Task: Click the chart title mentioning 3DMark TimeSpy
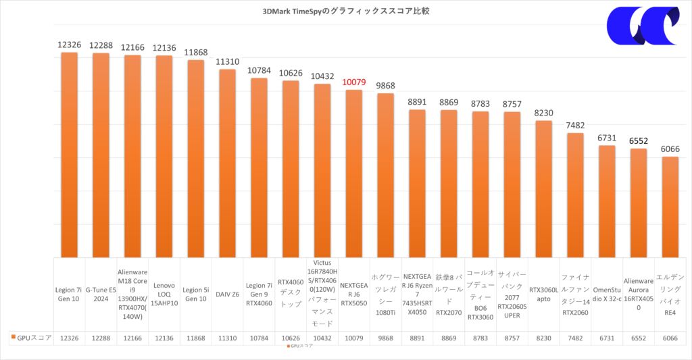click(x=345, y=11)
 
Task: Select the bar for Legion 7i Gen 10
click(x=70, y=155)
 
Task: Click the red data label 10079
click(x=353, y=82)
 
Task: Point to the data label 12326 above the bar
click(x=70, y=45)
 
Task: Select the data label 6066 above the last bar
click(x=670, y=149)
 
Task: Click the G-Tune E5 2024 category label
click(x=101, y=294)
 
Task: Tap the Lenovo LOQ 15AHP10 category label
click(x=164, y=294)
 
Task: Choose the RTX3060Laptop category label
click(x=543, y=294)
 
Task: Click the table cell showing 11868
click(x=195, y=337)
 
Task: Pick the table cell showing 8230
click(x=543, y=337)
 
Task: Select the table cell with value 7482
click(x=575, y=337)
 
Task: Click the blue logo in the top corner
click(x=642, y=27)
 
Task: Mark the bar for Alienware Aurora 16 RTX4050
click(x=638, y=203)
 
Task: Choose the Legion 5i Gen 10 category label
click(x=195, y=294)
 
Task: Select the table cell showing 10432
click(x=322, y=337)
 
